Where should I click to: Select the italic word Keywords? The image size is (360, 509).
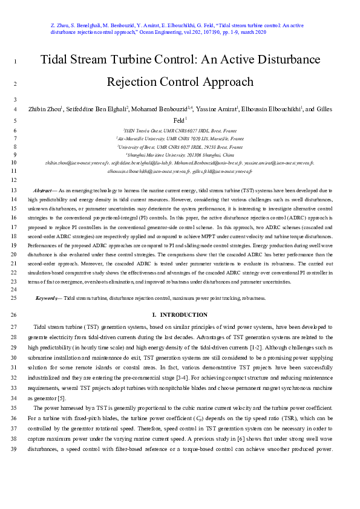tap(48, 299)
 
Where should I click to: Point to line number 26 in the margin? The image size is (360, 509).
tap(14, 315)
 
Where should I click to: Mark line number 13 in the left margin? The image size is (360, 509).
tap(14, 190)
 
